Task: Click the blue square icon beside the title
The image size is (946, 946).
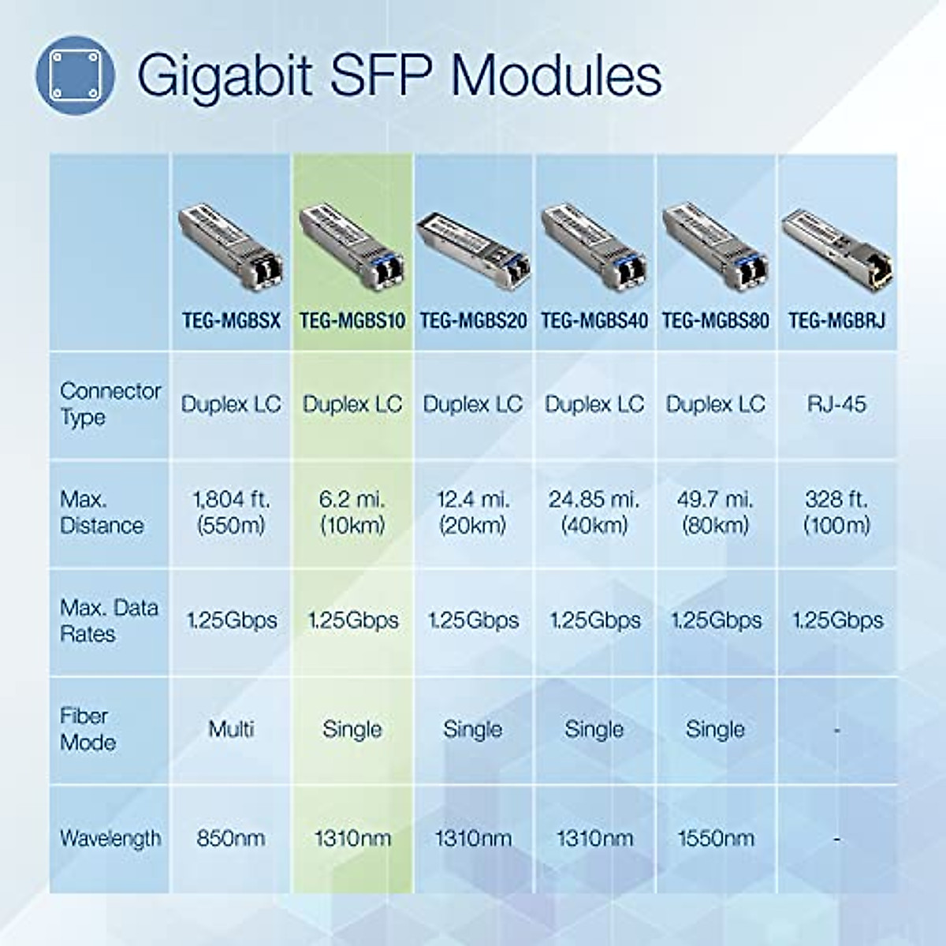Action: tap(76, 75)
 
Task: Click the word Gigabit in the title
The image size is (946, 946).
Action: tap(224, 76)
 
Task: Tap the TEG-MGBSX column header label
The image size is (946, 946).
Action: tap(231, 320)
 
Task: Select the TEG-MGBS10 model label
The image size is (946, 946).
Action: tap(352, 320)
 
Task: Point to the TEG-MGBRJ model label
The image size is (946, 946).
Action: tap(836, 320)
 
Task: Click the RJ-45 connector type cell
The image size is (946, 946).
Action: tap(836, 404)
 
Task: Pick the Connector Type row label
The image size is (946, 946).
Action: tap(110, 404)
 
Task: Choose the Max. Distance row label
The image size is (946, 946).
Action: tap(102, 512)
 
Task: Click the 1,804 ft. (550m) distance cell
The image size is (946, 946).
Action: tap(231, 512)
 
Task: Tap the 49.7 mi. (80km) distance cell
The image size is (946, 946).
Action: tap(715, 512)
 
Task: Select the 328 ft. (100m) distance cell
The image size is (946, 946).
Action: tap(836, 512)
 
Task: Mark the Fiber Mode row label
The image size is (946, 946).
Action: tap(88, 729)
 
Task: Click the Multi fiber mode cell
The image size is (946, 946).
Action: tap(231, 729)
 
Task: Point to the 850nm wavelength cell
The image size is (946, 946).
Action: tap(231, 838)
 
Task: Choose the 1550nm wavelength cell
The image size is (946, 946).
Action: tap(715, 838)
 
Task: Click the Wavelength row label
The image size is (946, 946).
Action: tap(110, 838)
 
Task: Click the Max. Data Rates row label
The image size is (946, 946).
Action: tap(109, 620)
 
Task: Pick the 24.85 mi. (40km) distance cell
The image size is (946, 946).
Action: tap(594, 512)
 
